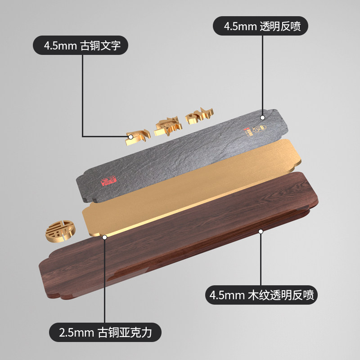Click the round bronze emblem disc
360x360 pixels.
pyautogui.click(x=60, y=230)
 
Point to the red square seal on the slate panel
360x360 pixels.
pyautogui.click(x=108, y=181)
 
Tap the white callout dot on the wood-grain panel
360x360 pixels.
pyautogui.click(x=260, y=231)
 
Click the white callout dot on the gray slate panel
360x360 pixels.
pyautogui.click(x=263, y=117)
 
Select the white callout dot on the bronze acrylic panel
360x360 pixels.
pyautogui.click(x=104, y=236)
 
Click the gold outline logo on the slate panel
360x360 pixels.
pyautogui.click(x=258, y=130)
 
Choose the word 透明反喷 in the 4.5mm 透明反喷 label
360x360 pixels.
pyautogui.click(x=283, y=27)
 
